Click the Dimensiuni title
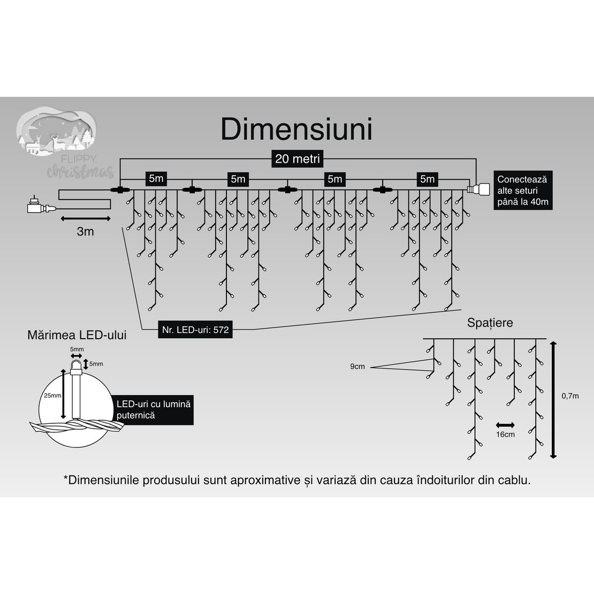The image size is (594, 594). click(x=296, y=129)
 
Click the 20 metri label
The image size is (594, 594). click(x=297, y=158)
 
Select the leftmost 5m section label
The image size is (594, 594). click(x=156, y=179)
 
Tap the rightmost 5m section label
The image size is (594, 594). click(x=427, y=179)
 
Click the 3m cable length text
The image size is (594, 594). click(x=86, y=232)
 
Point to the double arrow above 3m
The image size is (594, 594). click(x=86, y=218)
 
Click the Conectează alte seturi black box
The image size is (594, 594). click(x=523, y=191)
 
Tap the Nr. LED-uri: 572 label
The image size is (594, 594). click(x=195, y=330)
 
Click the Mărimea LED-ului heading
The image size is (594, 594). click(x=77, y=336)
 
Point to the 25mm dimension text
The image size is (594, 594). click(x=52, y=395)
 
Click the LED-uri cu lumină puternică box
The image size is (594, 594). click(x=154, y=410)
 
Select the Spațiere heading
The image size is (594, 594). click(x=490, y=323)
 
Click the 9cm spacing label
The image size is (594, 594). click(x=357, y=367)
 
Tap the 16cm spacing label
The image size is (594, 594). click(x=505, y=434)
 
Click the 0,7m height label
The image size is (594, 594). click(x=570, y=396)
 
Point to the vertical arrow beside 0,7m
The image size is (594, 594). click(x=553, y=399)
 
